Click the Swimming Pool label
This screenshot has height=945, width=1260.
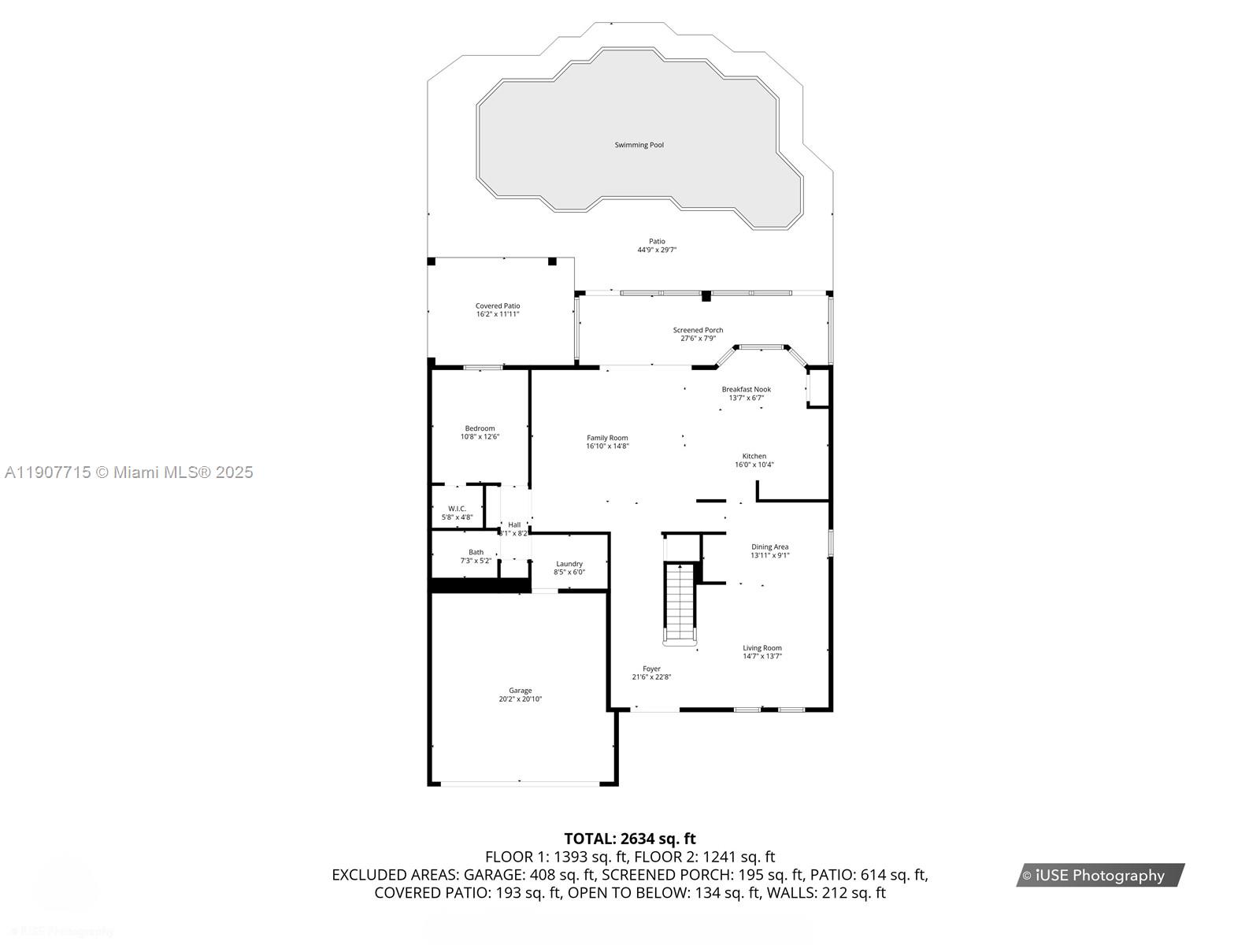(639, 145)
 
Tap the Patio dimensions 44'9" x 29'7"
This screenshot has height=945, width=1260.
(657, 250)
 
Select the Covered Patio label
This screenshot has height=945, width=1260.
(497, 306)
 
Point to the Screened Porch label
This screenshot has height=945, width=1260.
(698, 331)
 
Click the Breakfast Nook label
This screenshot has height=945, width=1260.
(746, 390)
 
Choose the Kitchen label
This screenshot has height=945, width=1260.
(754, 457)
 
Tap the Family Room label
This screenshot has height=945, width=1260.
(607, 438)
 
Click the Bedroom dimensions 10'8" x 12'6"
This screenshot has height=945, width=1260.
(480, 437)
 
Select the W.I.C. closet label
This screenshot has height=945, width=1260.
(457, 509)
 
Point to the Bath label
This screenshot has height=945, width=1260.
(476, 552)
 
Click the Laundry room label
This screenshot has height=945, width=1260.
(569, 564)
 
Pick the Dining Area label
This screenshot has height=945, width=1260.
(769, 547)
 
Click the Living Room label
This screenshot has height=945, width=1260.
(762, 648)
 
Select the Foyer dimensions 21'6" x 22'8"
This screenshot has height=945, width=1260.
(651, 677)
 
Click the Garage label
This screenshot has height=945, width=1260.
(520, 691)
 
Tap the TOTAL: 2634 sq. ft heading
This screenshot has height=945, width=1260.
(629, 839)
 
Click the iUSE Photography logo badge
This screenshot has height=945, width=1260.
(1099, 875)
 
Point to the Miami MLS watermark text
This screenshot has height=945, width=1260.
(128, 472)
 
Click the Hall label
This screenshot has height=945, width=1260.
(514, 524)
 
